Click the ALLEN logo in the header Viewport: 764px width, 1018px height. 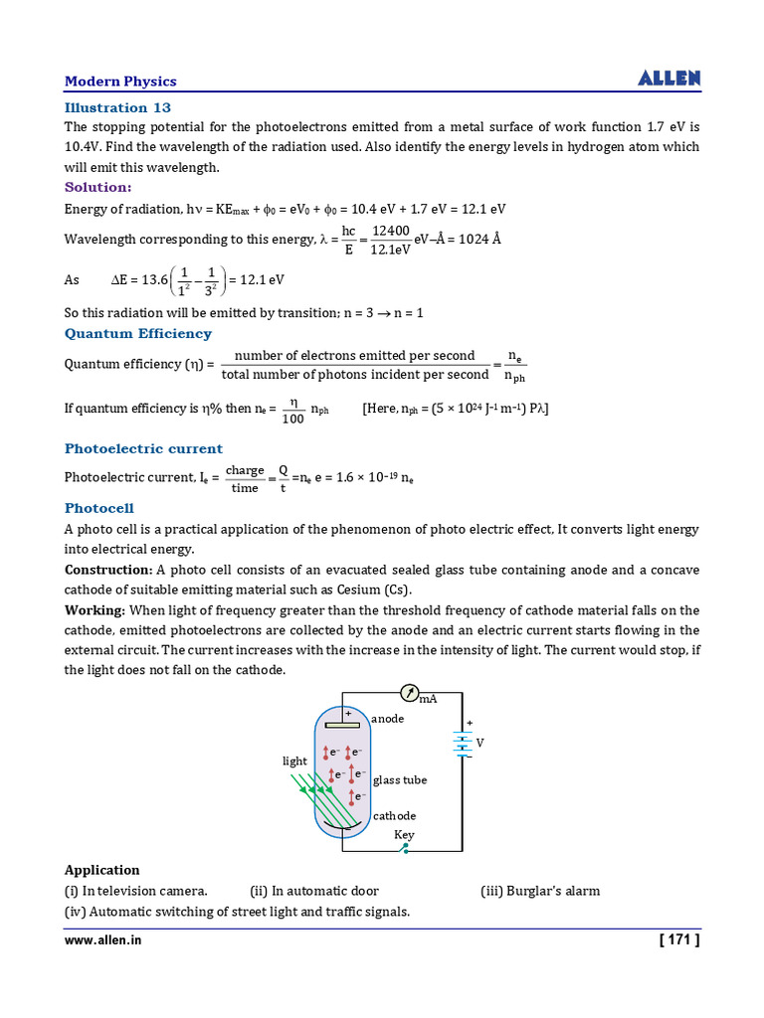click(668, 79)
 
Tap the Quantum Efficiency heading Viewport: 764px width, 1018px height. click(138, 334)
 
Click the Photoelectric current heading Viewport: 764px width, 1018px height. click(143, 448)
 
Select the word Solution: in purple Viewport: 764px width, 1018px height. click(97, 187)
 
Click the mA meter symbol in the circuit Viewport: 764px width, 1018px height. click(410, 692)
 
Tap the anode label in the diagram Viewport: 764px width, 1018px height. click(388, 719)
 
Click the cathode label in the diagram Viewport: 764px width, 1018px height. click(395, 816)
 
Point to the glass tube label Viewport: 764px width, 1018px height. click(400, 780)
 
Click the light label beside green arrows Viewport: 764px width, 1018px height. click(295, 762)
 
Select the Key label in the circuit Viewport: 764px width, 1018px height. click(404, 835)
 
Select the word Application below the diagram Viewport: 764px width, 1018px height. click(102, 870)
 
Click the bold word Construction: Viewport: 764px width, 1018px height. click(108, 570)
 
